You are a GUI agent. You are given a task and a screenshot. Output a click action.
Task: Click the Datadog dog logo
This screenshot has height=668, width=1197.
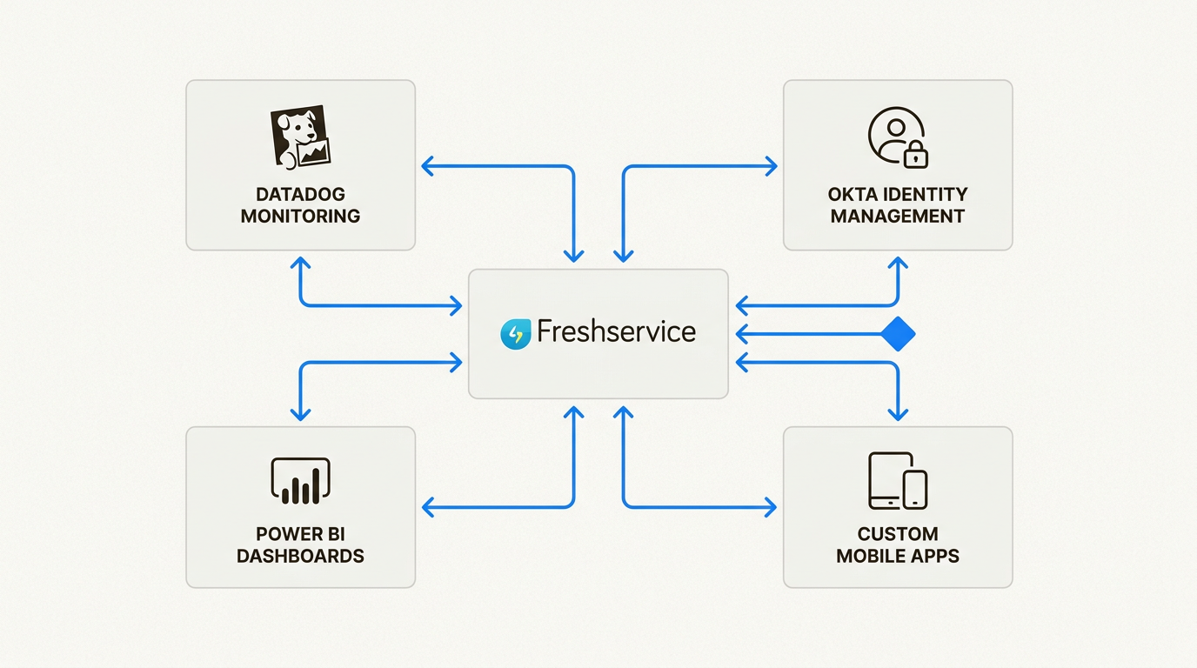click(300, 137)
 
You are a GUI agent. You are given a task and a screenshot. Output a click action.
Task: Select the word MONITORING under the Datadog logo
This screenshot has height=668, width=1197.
click(300, 216)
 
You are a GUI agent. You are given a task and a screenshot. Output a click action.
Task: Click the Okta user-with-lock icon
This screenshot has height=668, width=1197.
click(897, 137)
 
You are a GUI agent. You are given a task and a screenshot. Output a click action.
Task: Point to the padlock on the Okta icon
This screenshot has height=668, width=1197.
click(915, 156)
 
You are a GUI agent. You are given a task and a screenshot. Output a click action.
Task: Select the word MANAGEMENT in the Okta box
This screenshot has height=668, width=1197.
click(897, 216)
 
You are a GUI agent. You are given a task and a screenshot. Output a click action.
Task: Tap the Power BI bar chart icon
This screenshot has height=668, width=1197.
click(300, 481)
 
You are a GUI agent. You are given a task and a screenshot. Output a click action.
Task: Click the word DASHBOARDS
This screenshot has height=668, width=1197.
click(300, 556)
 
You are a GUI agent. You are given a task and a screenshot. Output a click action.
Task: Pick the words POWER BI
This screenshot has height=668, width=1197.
click(300, 534)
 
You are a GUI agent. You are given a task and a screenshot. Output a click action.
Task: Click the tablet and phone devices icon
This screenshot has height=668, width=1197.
click(897, 480)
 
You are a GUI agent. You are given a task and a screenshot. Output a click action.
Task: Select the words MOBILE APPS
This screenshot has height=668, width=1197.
click(897, 556)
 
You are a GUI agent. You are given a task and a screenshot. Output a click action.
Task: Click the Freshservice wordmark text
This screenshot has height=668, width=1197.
click(616, 331)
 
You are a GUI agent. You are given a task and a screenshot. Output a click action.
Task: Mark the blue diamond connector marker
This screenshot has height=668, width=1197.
click(897, 334)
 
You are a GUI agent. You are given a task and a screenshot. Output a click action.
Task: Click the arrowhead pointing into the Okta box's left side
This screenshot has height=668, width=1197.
click(771, 166)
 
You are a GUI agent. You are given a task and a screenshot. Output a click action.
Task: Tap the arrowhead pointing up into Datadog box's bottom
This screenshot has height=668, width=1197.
click(300, 263)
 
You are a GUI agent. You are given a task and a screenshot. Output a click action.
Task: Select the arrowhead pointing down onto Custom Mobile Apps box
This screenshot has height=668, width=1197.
click(897, 414)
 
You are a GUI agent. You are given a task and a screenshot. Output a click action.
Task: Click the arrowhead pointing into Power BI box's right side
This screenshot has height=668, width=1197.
click(428, 506)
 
